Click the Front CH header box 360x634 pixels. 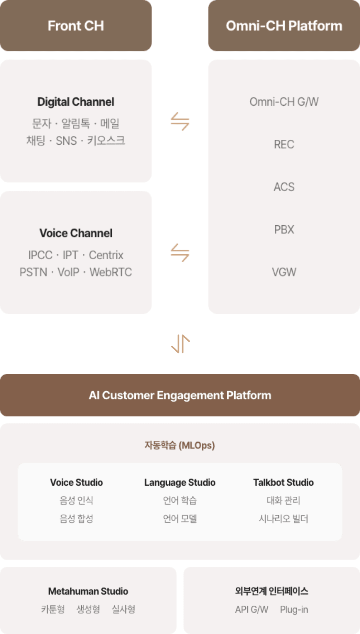click(76, 26)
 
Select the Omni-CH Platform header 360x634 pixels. click(284, 26)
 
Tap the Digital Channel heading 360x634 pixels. click(76, 102)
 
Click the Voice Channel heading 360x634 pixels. click(76, 233)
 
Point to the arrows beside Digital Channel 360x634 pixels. click(180, 121)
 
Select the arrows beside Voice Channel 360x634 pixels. click(180, 253)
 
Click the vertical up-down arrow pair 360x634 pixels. click(180, 344)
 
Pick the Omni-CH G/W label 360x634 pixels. click(284, 102)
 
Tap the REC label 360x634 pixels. click(284, 144)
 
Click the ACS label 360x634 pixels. click(284, 187)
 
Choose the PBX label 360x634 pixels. click(284, 230)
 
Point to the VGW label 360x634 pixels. click(284, 272)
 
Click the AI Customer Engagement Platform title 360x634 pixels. click(180, 395)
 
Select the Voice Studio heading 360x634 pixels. click(76, 482)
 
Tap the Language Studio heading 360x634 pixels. click(180, 482)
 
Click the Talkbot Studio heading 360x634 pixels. click(283, 482)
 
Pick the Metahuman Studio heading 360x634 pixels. click(88, 591)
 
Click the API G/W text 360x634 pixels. click(251, 610)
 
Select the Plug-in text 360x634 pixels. click(294, 610)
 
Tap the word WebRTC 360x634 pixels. click(111, 272)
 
